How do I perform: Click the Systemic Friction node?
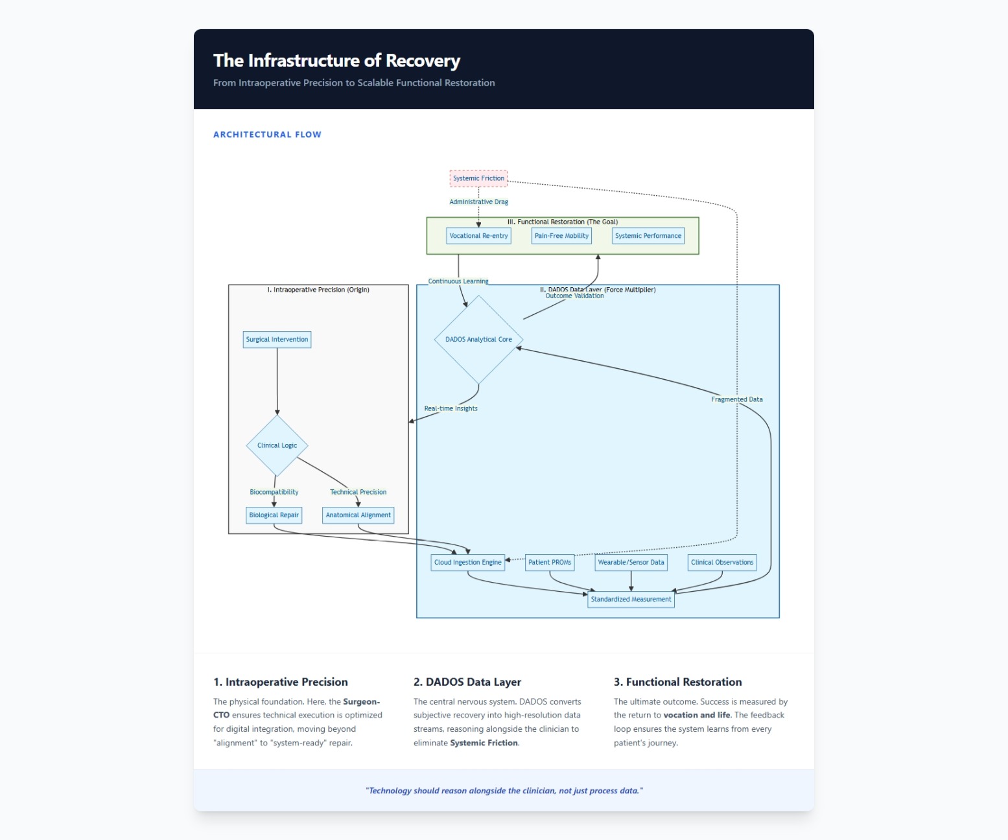478,178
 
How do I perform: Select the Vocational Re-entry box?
478,236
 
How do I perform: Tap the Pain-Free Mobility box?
561,236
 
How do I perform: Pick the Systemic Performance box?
648,236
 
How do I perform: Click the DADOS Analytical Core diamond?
478,340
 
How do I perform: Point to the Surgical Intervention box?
277,340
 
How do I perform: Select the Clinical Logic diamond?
277,445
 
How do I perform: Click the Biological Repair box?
274,515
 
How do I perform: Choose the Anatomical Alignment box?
358,515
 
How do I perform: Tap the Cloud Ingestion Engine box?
467,563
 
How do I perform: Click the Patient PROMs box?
549,563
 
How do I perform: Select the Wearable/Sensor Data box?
631,563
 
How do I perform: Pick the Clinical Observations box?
722,563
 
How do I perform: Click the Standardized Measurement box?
631,600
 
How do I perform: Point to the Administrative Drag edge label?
478,202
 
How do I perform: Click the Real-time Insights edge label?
451,409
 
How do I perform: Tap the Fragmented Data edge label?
736,399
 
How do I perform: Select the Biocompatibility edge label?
274,492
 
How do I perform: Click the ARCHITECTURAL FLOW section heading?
267,135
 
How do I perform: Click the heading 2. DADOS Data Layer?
467,682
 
